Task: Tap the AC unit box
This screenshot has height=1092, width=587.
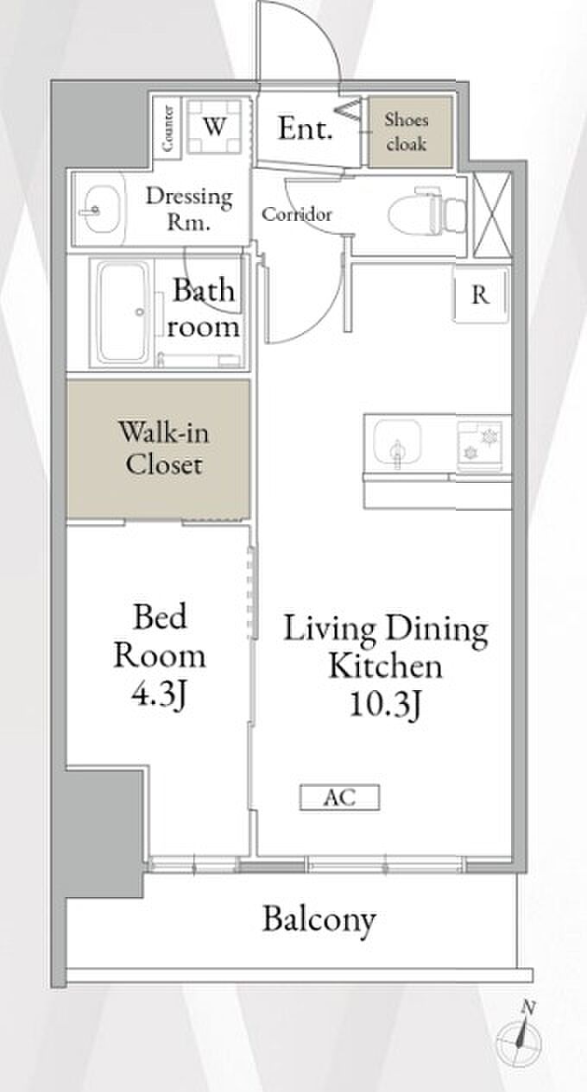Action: pyautogui.click(x=339, y=798)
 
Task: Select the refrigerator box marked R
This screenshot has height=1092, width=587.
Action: pyautogui.click(x=481, y=295)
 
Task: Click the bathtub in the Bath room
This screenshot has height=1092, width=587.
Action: pyautogui.click(x=123, y=312)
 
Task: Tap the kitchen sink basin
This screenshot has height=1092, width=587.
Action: pyautogui.click(x=397, y=442)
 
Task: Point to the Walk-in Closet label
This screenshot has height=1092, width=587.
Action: pyautogui.click(x=164, y=448)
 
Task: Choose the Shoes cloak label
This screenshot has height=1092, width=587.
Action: pyautogui.click(x=407, y=132)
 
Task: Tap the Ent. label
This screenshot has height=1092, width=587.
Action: pyautogui.click(x=306, y=129)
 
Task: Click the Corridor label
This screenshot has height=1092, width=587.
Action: pyautogui.click(x=297, y=214)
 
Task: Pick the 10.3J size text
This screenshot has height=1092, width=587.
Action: pyautogui.click(x=386, y=704)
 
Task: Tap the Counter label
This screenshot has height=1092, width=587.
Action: pyautogui.click(x=168, y=129)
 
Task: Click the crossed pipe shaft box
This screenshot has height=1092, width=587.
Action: pyautogui.click(x=492, y=215)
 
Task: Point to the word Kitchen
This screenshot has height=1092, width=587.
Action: pyautogui.click(x=386, y=666)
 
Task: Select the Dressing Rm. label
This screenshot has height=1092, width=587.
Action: pyautogui.click(x=189, y=208)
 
